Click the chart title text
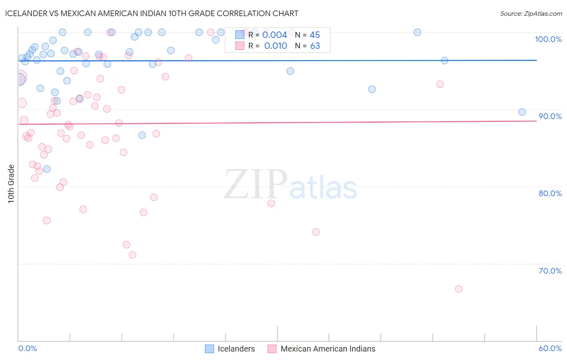(152, 13)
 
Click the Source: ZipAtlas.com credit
(531, 14)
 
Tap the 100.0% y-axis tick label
(548, 39)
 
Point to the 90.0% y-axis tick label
(550, 116)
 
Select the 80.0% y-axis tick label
(550, 193)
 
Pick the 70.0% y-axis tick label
(550, 271)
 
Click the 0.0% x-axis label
(27, 348)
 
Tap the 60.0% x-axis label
(550, 348)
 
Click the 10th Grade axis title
(11, 184)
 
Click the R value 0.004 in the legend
(275, 35)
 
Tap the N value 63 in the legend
(315, 46)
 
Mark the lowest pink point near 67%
(459, 289)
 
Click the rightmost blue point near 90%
(522, 112)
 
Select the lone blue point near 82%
(47, 169)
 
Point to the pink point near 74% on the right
(316, 232)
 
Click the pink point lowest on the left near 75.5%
(46, 220)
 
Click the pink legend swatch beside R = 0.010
(240, 46)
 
